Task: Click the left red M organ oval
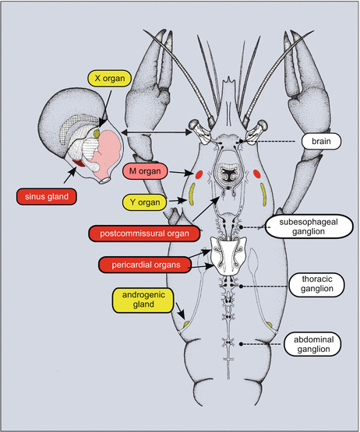200,175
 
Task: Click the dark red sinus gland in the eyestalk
78,163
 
